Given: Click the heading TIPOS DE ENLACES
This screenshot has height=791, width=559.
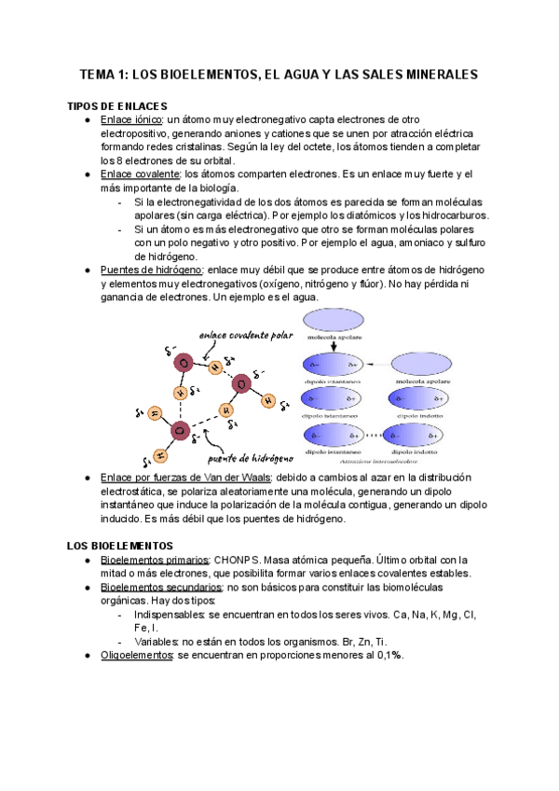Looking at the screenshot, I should pos(117,105).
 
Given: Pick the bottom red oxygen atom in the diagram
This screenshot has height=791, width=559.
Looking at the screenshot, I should pos(180,430).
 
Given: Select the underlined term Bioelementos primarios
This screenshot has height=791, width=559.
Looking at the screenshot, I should pos(155,559).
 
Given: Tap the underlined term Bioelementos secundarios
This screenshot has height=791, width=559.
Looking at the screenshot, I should pos(160,588).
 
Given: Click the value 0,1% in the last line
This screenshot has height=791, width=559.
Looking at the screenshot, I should pos(385,656).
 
